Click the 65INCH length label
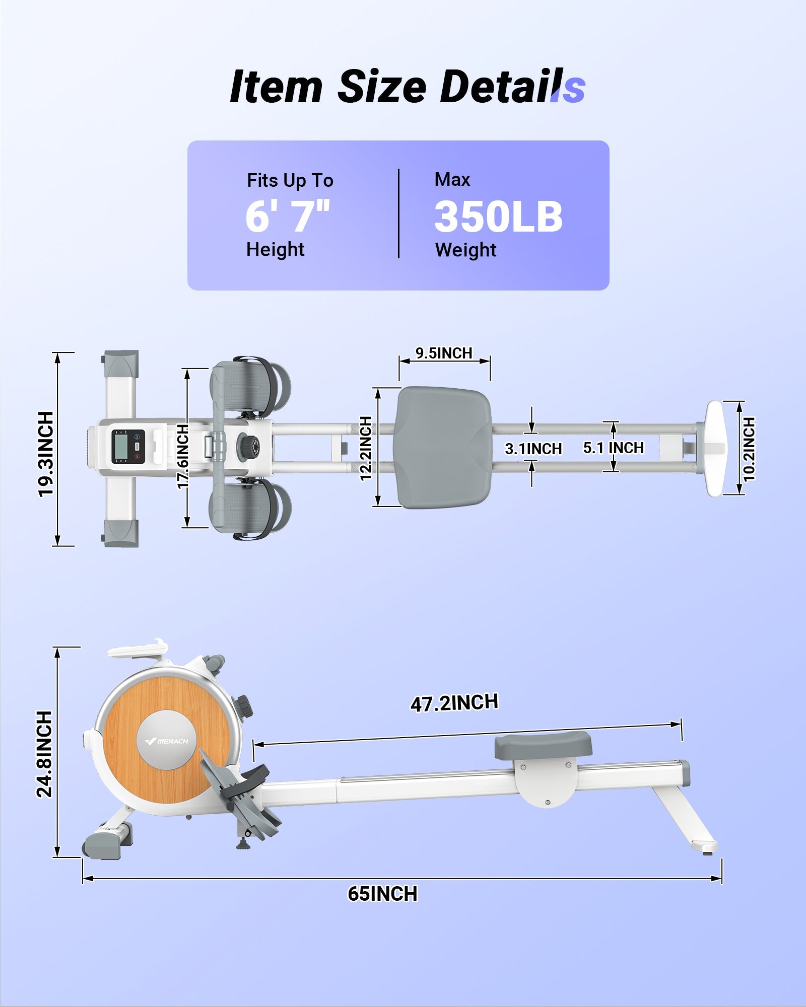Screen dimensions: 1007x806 tap(382, 894)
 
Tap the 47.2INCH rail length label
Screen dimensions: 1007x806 tap(454, 703)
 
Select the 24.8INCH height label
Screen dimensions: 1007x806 tap(45, 754)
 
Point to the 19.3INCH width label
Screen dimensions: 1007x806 tap(46, 454)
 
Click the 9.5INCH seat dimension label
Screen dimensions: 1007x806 tap(444, 353)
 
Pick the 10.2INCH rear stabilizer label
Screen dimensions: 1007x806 tap(749, 449)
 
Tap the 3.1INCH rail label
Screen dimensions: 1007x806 tap(533, 449)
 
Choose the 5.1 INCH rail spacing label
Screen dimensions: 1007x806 tap(613, 448)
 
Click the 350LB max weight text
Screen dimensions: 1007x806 tap(498, 217)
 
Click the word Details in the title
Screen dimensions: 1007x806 tap(511, 87)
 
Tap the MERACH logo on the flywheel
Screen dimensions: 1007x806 tap(167, 741)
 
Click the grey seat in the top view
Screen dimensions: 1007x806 tap(444, 447)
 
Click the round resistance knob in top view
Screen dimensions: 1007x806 tap(248, 445)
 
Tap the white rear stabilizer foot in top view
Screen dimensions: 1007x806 tap(715, 448)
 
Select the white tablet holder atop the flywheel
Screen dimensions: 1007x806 tap(138, 649)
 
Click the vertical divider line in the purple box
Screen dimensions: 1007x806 tap(398, 213)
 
